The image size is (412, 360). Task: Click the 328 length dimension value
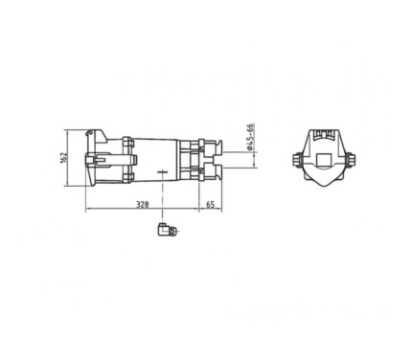click(x=143, y=205)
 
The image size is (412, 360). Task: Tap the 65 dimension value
click(x=210, y=205)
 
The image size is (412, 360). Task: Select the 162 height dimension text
click(x=63, y=158)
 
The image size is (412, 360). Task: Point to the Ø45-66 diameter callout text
click(x=250, y=136)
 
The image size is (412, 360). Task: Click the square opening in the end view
click(x=323, y=160)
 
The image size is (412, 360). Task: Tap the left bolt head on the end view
click(x=297, y=160)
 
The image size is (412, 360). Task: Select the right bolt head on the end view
click(x=350, y=160)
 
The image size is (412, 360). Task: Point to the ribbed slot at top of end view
click(x=323, y=133)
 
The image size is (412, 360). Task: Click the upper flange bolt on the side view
click(x=127, y=142)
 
